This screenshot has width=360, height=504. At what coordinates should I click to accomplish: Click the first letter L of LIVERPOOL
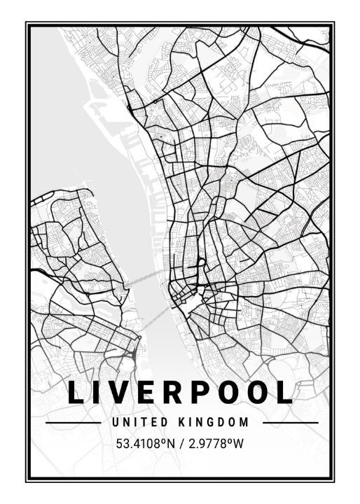(76, 393)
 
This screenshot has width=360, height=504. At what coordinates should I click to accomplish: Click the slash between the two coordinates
(180, 443)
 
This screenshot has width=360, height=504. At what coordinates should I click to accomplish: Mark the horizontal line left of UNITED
(73, 423)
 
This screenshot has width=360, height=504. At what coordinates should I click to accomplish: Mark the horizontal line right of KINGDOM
(289, 423)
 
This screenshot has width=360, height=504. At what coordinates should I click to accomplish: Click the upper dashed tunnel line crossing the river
(151, 274)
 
